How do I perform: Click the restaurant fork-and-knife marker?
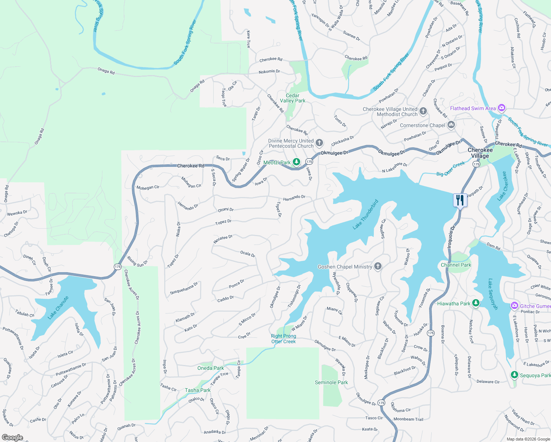point(460,200)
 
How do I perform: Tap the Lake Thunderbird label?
point(365,215)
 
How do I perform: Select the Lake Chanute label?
point(58,308)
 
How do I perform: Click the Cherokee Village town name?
point(480,153)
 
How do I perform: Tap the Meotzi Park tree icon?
point(296,162)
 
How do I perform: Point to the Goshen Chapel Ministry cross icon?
point(378,266)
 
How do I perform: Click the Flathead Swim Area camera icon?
point(501,108)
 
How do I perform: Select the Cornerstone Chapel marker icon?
point(451,125)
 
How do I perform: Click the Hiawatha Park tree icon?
point(476,303)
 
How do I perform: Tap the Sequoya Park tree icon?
point(514,375)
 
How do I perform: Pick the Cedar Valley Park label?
point(292,98)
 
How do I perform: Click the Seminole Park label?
point(331,382)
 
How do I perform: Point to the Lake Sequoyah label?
point(493,294)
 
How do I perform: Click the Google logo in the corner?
point(13,437)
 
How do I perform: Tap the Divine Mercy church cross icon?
point(319,143)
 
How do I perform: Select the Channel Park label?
point(456,265)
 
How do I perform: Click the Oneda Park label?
point(210,368)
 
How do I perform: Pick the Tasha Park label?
point(197,390)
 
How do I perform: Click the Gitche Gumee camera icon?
point(514,306)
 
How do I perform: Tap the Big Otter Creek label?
point(450,169)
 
